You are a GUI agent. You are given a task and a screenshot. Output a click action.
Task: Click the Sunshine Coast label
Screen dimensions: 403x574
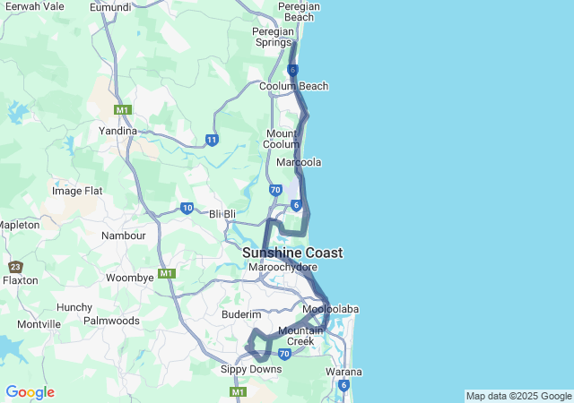pyautogui.click(x=292, y=253)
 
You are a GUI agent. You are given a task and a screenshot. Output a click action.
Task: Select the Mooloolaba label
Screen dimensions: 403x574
pyautogui.click(x=330, y=309)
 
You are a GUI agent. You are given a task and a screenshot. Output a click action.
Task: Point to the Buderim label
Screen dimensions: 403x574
pyautogui.click(x=241, y=315)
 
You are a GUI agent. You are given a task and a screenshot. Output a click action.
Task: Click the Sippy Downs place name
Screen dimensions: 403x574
pyautogui.click(x=251, y=368)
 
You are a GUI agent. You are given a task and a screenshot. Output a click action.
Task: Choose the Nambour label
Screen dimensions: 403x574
pyautogui.click(x=124, y=236)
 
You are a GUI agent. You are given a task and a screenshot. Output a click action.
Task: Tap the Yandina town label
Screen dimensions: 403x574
pyautogui.click(x=117, y=130)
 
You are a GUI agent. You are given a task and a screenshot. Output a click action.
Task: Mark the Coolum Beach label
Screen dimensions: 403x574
pyautogui.click(x=293, y=86)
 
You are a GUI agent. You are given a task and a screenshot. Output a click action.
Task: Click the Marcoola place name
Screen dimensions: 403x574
pyautogui.click(x=299, y=162)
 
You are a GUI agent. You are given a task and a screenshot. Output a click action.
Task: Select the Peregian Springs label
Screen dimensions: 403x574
pyautogui.click(x=273, y=37)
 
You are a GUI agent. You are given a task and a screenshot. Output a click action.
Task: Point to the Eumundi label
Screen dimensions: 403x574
pyautogui.click(x=110, y=7)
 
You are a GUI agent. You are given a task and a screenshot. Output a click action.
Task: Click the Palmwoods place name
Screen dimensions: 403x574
pyautogui.click(x=111, y=320)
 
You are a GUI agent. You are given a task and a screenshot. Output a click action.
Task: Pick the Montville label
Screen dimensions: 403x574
pyautogui.click(x=39, y=324)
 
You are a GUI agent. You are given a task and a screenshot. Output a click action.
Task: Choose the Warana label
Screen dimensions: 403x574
pyautogui.click(x=344, y=372)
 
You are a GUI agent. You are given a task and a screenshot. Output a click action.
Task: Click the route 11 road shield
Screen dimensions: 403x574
pyautogui.click(x=212, y=140)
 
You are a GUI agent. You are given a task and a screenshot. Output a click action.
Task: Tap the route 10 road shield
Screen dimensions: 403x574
pyautogui.click(x=187, y=208)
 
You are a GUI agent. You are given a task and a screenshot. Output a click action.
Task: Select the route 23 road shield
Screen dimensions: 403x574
pyautogui.click(x=15, y=266)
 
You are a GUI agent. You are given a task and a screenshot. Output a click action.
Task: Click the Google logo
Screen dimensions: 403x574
pyautogui.click(x=30, y=392)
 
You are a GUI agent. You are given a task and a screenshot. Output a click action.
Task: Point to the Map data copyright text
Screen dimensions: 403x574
pyautogui.click(x=517, y=396)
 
